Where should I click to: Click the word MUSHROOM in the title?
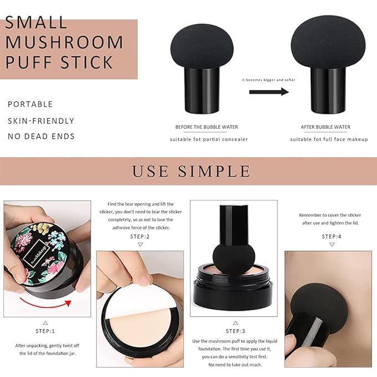tap(64, 42)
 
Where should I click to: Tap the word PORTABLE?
tap(31, 104)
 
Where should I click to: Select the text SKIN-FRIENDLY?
tap(41, 121)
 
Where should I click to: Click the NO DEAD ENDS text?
tap(41, 137)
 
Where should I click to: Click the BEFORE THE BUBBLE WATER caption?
tap(207, 127)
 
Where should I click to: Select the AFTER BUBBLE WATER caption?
tap(325, 127)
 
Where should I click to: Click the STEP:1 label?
tap(45, 331)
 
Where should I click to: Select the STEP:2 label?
tap(140, 237)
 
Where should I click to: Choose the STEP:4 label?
tap(332, 237)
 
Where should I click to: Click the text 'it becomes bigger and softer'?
tap(269, 80)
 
